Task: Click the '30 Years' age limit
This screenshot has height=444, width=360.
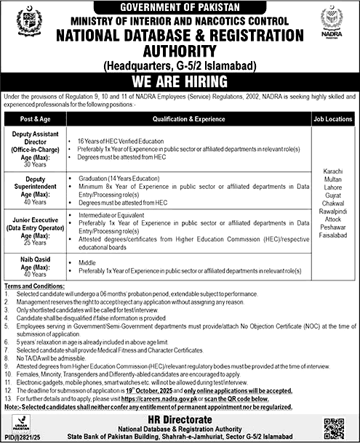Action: pyautogui.click(x=34, y=164)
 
